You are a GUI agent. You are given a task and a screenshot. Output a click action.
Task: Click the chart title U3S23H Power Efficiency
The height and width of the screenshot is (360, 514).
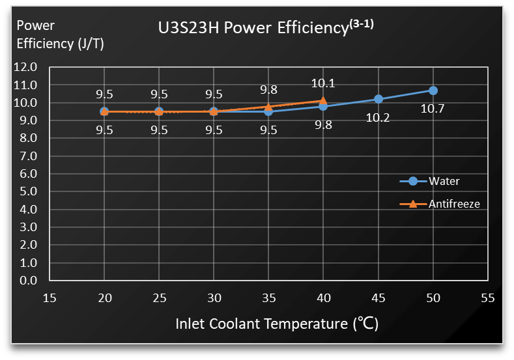pyautogui.click(x=251, y=29)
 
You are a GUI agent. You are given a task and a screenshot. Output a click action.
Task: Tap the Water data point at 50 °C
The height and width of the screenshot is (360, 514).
pyautogui.click(x=433, y=90)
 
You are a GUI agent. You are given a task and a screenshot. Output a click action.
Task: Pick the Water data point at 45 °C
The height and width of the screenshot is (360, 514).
pyautogui.click(x=378, y=99)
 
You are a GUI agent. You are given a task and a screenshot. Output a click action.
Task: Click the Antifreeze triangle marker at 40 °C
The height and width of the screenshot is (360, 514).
pyautogui.click(x=323, y=101)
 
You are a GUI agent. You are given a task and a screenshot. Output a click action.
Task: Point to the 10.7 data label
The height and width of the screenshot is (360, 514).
pyautogui.click(x=433, y=109)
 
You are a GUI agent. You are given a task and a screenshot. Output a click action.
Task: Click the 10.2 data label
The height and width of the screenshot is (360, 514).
pyautogui.click(x=378, y=118)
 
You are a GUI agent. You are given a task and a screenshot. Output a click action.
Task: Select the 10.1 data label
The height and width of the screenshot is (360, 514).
pyautogui.click(x=323, y=83)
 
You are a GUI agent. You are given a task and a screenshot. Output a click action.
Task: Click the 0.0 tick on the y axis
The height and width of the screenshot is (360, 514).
pyautogui.click(x=28, y=281)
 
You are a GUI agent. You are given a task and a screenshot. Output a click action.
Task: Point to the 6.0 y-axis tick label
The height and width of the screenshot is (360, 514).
pyautogui.click(x=28, y=174)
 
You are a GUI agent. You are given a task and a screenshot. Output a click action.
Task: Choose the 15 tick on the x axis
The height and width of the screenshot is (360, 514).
pyautogui.click(x=50, y=298)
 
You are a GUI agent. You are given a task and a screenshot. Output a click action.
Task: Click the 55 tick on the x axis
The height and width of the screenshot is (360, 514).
pyautogui.click(x=488, y=298)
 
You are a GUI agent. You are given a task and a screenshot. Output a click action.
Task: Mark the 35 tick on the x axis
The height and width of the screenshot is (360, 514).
pyautogui.click(x=268, y=298)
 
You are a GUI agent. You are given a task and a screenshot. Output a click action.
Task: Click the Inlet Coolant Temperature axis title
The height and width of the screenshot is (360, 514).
pyautogui.click(x=277, y=324)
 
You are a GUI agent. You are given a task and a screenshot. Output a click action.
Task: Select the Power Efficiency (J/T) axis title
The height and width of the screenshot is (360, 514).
pyautogui.click(x=61, y=35)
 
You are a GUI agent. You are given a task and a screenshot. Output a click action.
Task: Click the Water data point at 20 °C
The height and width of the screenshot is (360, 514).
pyautogui.click(x=104, y=111)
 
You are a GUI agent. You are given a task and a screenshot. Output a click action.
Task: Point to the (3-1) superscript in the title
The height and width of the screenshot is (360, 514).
pyautogui.click(x=361, y=24)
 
